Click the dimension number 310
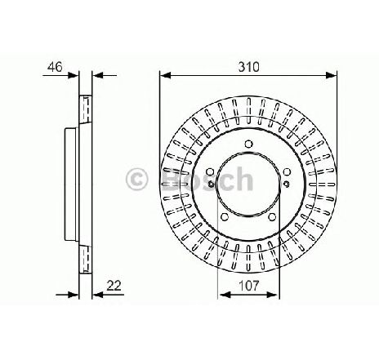[x=247, y=67]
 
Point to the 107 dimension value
[x=247, y=285]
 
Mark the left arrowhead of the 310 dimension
[x=163, y=76]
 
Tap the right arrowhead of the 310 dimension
[x=332, y=76]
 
